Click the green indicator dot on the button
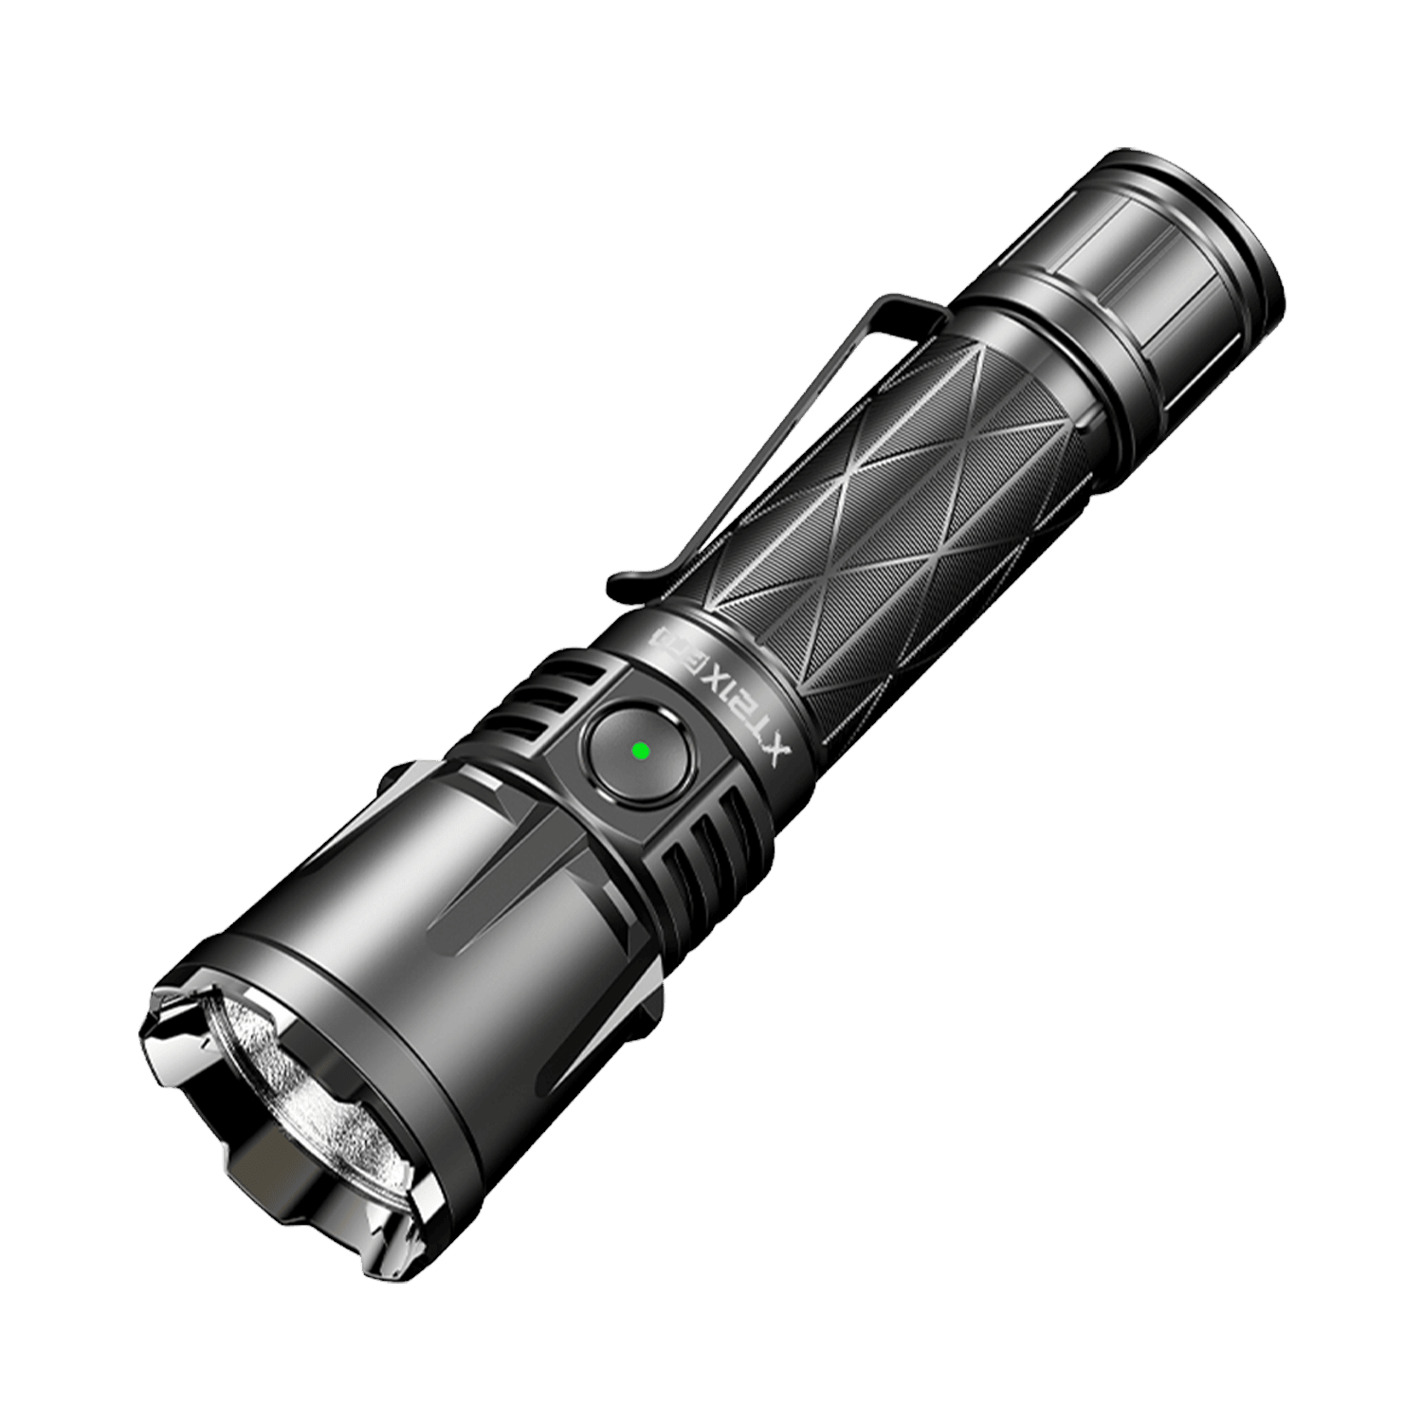pos(639,751)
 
